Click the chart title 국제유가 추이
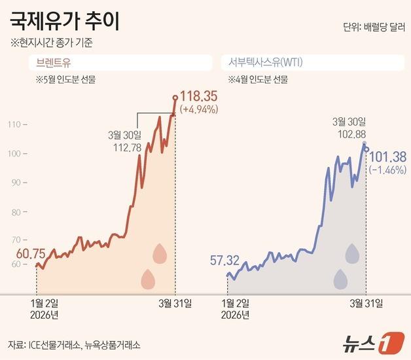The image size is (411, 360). [x=64, y=22]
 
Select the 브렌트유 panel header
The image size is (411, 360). [x=54, y=63]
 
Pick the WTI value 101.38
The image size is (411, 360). [x=389, y=156]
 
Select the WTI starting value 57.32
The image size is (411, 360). [x=224, y=261]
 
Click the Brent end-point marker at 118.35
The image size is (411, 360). [x=175, y=98]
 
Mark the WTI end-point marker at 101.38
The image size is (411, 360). [x=366, y=150]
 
